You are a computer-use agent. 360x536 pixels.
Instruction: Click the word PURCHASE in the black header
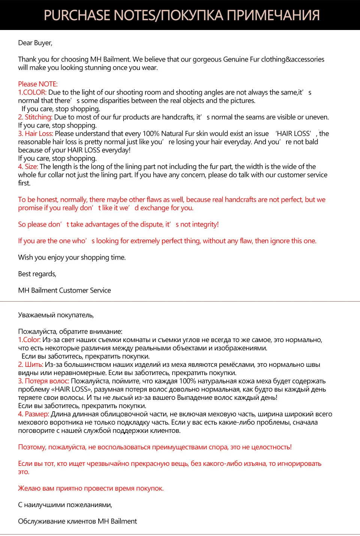coord(77,15)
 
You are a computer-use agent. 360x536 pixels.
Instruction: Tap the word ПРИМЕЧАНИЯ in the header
coord(273,15)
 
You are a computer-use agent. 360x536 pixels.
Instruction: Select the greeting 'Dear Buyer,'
coord(35,43)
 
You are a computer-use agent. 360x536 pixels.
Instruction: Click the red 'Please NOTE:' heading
coord(38,84)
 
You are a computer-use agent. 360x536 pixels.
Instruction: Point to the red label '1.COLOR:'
coord(32,92)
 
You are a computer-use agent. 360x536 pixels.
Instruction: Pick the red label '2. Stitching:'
coord(35,117)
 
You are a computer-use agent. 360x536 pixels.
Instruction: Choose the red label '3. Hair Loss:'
coord(36,134)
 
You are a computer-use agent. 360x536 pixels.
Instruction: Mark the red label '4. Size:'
coord(28,167)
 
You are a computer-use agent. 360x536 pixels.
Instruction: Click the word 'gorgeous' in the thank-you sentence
coord(207,59)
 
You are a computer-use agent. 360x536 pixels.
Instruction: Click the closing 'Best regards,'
coord(37,274)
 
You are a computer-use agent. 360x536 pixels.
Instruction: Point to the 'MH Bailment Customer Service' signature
coord(64,290)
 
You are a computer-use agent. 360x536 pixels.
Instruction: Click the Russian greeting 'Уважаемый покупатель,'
coord(56,315)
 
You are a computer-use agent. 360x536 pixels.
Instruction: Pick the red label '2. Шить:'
coord(31,365)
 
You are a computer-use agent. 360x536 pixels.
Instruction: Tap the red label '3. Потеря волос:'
coord(43,381)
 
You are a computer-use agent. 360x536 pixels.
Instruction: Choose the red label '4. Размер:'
coord(34,414)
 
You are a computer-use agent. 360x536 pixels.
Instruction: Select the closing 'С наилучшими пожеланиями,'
coord(65,505)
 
